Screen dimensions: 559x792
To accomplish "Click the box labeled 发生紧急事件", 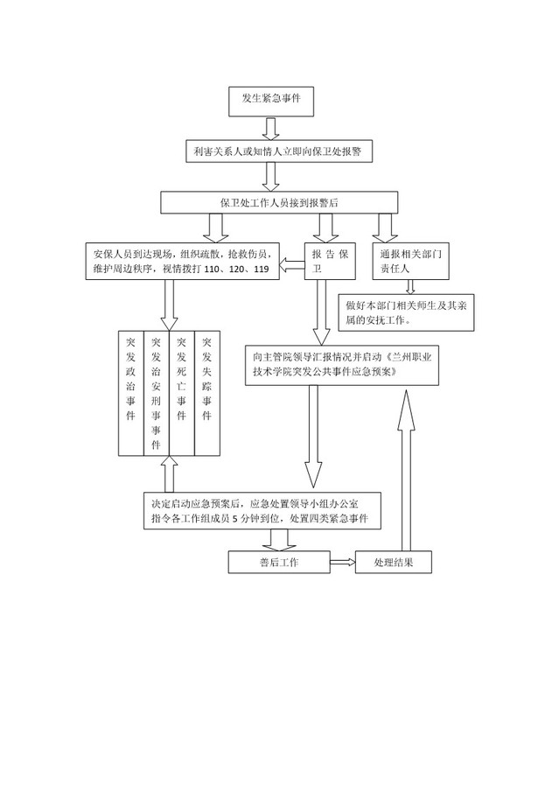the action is coord(271,102).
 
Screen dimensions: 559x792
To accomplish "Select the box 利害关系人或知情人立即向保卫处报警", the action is coord(279,151).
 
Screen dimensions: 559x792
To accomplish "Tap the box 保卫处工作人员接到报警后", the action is coord(279,202).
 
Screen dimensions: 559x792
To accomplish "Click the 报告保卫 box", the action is coord(331,261).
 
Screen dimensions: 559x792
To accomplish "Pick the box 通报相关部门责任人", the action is coord(411,261).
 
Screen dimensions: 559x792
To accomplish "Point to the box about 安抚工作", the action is coord(407,312).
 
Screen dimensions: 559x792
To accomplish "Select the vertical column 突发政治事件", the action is coord(131,393).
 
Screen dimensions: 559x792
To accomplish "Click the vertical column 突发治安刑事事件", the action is coord(157,393).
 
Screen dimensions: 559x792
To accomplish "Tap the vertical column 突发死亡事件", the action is coord(182,393).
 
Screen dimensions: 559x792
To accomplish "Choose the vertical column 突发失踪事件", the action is coord(207,393).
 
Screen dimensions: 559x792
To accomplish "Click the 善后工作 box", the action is coord(279,562).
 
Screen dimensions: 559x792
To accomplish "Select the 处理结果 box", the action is coord(394,562).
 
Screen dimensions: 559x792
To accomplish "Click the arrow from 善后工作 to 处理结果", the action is coord(343,562).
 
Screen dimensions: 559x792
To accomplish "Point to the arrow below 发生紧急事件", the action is coord(271,129).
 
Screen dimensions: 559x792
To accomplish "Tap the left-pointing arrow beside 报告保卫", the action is coord(292,263).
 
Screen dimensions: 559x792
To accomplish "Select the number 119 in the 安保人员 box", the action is coord(262,269).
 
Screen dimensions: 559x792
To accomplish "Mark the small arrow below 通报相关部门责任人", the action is coord(410,287).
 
